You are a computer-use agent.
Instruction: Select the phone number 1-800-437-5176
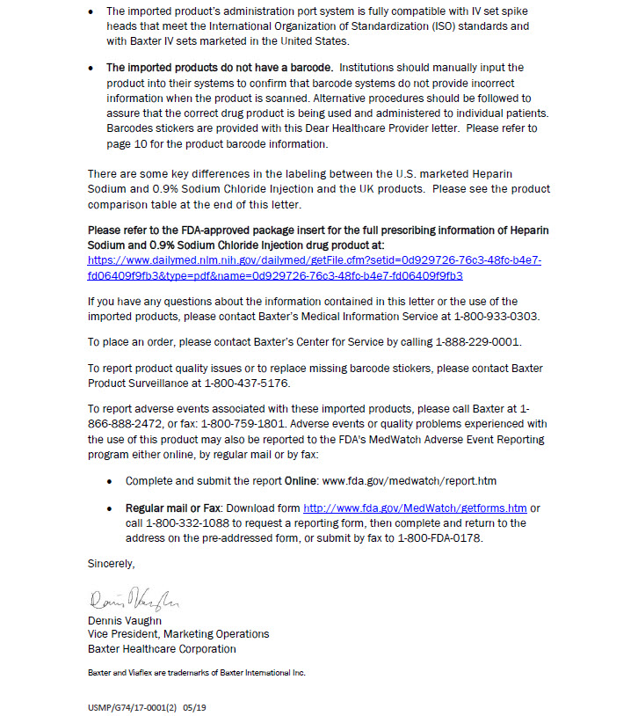tap(246, 383)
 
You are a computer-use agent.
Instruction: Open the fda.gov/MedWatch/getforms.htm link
tap(414, 508)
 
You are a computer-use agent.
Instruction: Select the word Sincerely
tap(111, 563)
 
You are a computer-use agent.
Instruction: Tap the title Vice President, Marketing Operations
tap(178, 634)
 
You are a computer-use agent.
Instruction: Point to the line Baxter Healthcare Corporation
tap(162, 649)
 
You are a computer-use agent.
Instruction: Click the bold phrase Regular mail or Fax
tap(172, 508)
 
